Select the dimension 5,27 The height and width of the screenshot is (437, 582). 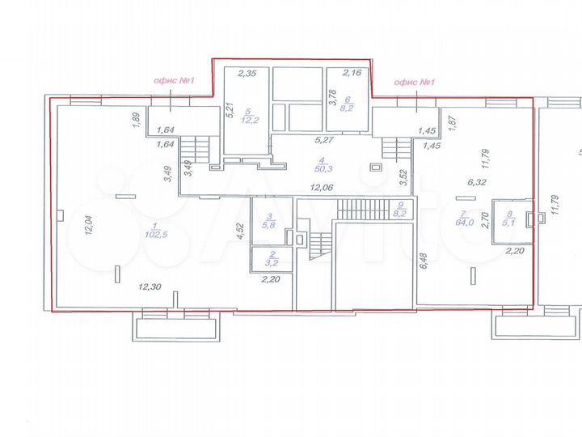pos(324,140)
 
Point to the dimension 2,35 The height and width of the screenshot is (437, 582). pos(247,74)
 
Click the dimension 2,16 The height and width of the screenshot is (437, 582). pos(352,74)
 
